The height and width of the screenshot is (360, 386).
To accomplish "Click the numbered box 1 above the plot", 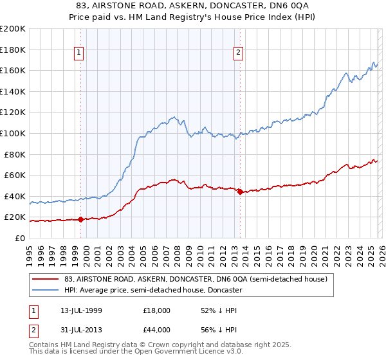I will click(x=78, y=53).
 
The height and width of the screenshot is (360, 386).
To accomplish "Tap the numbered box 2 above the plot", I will click(x=239, y=53).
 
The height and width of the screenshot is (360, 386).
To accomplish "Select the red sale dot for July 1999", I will click(x=80, y=219).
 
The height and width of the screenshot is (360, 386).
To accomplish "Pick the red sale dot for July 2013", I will click(x=240, y=192).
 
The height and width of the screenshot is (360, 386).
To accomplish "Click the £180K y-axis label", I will click(x=13, y=50).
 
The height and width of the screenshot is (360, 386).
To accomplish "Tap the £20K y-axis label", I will click(x=14, y=217).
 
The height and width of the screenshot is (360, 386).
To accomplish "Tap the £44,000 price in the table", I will click(x=156, y=330).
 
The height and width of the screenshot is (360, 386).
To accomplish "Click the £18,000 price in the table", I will click(x=156, y=310).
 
